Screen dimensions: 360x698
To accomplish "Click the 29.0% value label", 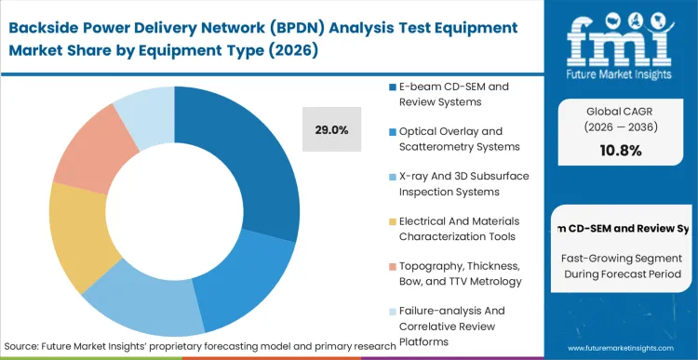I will [x=330, y=130].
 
